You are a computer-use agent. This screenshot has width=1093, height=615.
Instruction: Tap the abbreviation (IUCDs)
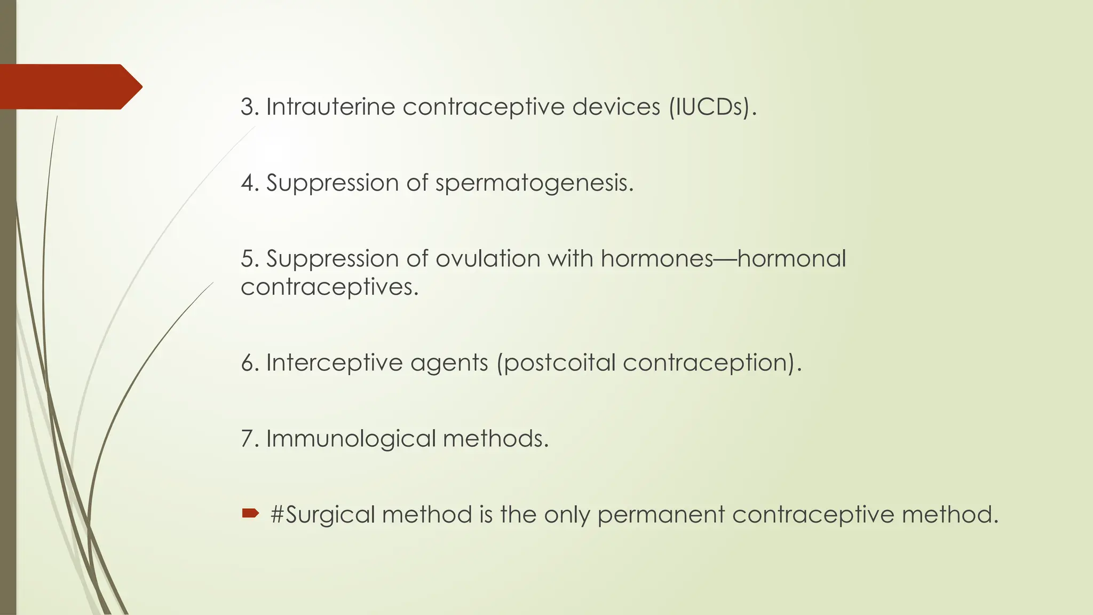point(712,107)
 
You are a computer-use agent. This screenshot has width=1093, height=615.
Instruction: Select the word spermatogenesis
point(534,184)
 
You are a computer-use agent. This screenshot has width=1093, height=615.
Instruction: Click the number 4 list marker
point(249,183)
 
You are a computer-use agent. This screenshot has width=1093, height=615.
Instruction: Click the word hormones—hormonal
point(723,259)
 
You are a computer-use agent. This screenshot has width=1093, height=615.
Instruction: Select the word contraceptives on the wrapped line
point(329,288)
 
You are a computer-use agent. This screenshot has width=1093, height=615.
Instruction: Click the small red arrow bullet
point(250,514)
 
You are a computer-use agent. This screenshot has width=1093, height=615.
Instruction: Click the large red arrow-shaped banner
point(69,86)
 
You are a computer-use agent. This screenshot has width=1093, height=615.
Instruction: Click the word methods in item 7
point(495,439)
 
